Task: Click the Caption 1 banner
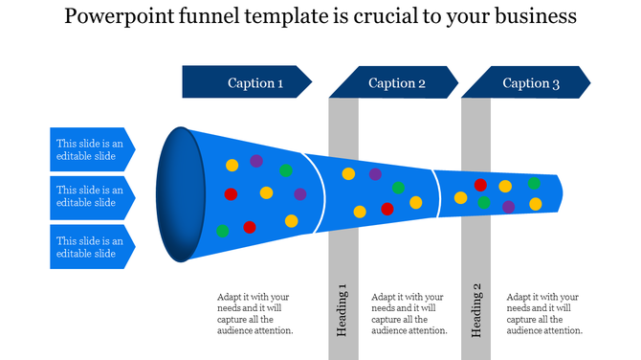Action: click(247, 82)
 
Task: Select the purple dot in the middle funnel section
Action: click(375, 174)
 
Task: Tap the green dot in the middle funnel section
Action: click(398, 188)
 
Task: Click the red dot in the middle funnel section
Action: click(387, 209)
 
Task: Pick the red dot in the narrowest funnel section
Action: click(480, 185)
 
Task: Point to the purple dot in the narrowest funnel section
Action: click(509, 206)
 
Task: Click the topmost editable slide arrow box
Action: click(91, 149)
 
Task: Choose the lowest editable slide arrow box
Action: click(91, 247)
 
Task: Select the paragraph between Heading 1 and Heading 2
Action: click(409, 313)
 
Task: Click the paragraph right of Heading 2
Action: click(544, 313)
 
